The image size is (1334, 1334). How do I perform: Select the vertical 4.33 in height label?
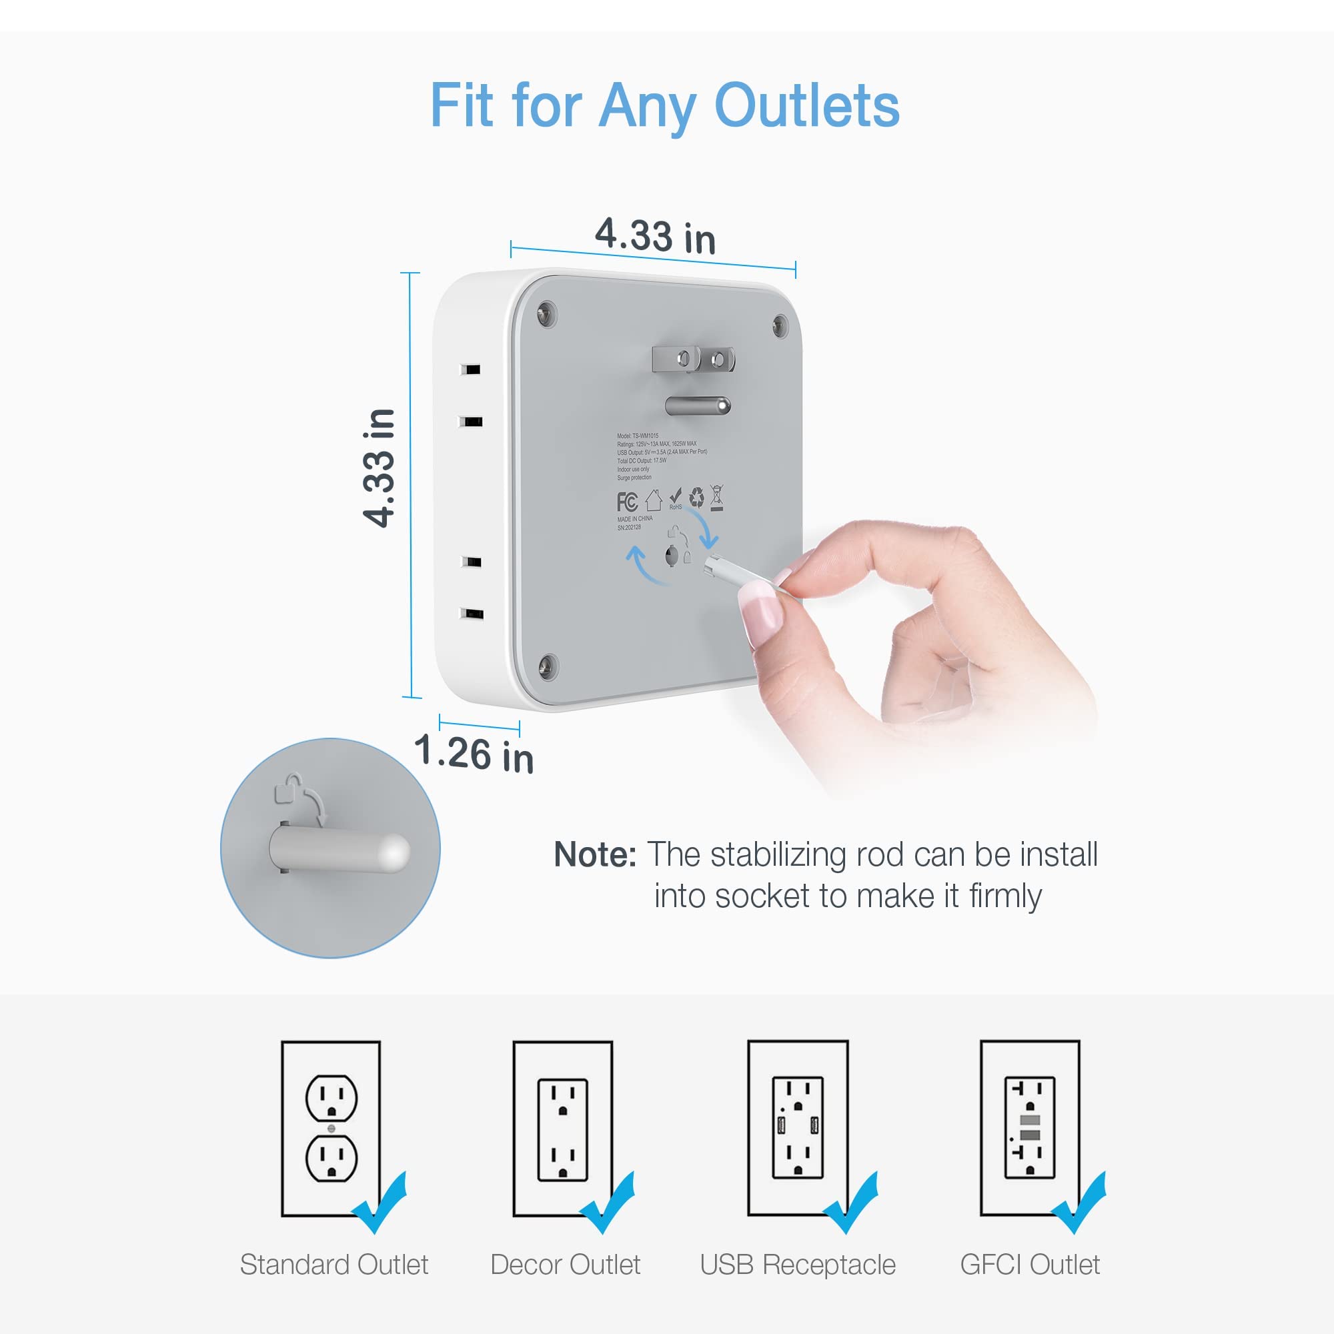[379, 468]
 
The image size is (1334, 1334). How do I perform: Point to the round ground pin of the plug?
[698, 406]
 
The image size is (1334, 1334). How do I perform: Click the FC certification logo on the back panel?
[627, 502]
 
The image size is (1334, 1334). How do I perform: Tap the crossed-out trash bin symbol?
[718, 498]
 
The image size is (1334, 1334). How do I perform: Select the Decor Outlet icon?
[563, 1129]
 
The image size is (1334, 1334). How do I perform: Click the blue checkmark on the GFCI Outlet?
[1079, 1203]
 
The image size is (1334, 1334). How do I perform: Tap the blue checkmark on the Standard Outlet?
[380, 1203]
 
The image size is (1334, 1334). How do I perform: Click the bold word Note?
[594, 855]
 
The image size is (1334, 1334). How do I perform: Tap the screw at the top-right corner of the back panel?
[780, 324]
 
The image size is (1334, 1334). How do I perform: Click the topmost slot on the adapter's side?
[472, 370]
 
